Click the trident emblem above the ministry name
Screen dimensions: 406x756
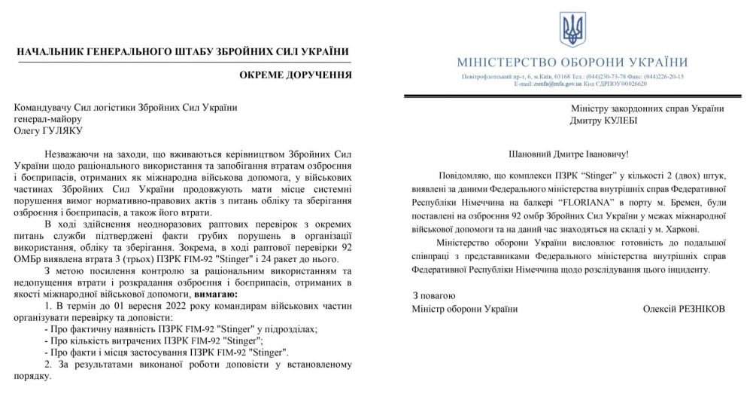click(572, 29)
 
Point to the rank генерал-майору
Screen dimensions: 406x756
click(48, 119)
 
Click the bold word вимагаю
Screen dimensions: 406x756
click(213, 293)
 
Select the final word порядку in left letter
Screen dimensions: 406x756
click(32, 376)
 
